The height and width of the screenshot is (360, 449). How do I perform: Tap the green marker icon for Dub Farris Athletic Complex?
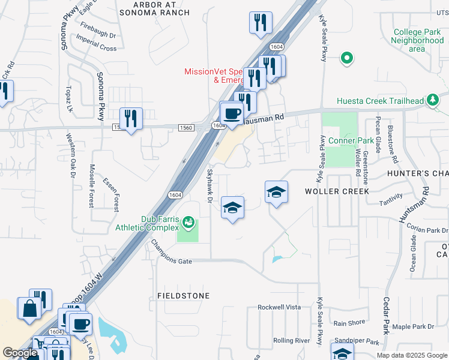tap(188, 223)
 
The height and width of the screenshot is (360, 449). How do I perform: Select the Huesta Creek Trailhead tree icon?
tap(432, 101)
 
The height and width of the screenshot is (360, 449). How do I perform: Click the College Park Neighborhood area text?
tap(417, 40)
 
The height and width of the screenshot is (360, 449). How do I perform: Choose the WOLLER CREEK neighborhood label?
tap(336, 191)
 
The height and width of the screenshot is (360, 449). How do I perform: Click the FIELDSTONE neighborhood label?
tap(184, 296)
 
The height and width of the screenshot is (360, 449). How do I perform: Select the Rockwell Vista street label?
tap(279, 307)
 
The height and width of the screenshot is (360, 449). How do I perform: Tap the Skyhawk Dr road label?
tap(211, 185)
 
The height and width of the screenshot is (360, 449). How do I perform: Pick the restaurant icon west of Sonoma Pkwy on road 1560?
tap(130, 118)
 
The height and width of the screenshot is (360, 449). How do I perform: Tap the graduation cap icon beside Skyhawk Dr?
tap(232, 207)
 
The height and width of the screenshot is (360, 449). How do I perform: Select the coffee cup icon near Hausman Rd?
tap(232, 112)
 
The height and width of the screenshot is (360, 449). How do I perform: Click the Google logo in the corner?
tap(20, 353)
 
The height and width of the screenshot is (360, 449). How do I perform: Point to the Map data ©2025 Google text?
tap(411, 355)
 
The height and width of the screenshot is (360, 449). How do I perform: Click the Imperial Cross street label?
tap(97, 47)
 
